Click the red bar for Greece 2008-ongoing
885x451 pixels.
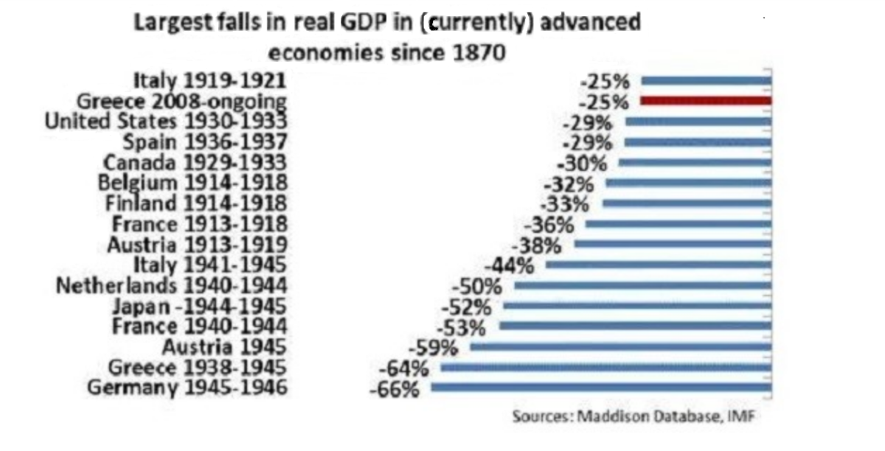(706, 101)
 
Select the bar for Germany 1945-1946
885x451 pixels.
(601, 387)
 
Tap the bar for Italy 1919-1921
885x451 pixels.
(706, 81)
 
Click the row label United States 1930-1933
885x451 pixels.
(166, 121)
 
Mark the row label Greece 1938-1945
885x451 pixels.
(198, 367)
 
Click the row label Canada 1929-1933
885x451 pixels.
(195, 162)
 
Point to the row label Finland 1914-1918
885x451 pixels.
(192, 203)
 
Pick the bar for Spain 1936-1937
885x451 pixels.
(698, 142)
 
